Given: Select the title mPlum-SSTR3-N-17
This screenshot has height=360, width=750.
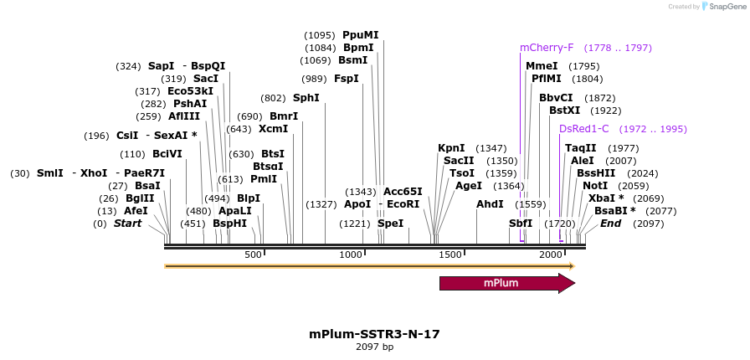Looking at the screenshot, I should [x=374, y=334].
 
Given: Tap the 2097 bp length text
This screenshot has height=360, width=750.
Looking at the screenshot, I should [x=374, y=347].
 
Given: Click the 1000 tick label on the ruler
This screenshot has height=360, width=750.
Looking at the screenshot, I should [x=351, y=255].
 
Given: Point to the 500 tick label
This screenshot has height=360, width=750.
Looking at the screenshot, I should [x=254, y=255].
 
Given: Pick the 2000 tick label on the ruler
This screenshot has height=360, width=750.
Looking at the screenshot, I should [x=550, y=255].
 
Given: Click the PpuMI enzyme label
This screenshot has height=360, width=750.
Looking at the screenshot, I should [x=361, y=35].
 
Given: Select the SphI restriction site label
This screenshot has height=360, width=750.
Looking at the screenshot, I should [x=306, y=98].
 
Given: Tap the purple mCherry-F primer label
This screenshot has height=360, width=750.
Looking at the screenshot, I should [x=547, y=48].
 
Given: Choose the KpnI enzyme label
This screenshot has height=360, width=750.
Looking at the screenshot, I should [x=451, y=148].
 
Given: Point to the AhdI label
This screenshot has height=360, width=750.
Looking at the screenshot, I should [x=491, y=204].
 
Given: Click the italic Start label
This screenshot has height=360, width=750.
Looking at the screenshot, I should [x=128, y=224].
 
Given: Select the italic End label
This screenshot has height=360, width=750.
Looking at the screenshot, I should [x=611, y=224].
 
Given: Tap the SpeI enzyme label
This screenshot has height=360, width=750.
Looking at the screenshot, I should [x=390, y=224].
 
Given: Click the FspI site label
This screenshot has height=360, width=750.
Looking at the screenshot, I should [x=347, y=79].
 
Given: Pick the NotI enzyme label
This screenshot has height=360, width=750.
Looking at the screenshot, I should [x=595, y=186].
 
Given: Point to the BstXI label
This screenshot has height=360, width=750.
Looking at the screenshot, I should [x=564, y=111].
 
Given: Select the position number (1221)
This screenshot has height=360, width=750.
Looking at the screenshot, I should [x=354, y=224].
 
